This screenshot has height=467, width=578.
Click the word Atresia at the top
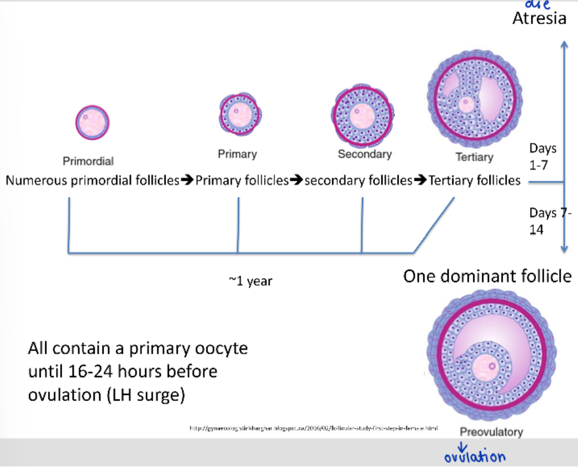pyautogui.click(x=539, y=18)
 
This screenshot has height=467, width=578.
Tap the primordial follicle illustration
pyautogui.click(x=92, y=122)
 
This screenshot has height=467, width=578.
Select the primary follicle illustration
pyautogui.click(x=237, y=113)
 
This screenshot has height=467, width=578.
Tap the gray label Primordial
pyautogui.click(x=88, y=162)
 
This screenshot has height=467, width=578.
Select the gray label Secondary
pyautogui.click(x=364, y=154)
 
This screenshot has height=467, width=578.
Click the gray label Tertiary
pyautogui.click(x=474, y=157)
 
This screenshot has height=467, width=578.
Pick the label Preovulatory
pyautogui.click(x=491, y=432)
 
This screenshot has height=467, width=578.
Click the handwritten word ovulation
pyautogui.click(x=475, y=457)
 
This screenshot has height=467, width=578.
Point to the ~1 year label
pyautogui.click(x=250, y=281)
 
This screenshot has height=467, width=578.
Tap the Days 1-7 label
pyautogui.click(x=542, y=156)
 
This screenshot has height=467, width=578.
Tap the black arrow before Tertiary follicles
pyautogui.click(x=420, y=181)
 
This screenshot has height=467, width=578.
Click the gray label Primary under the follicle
pyautogui.click(x=237, y=154)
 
